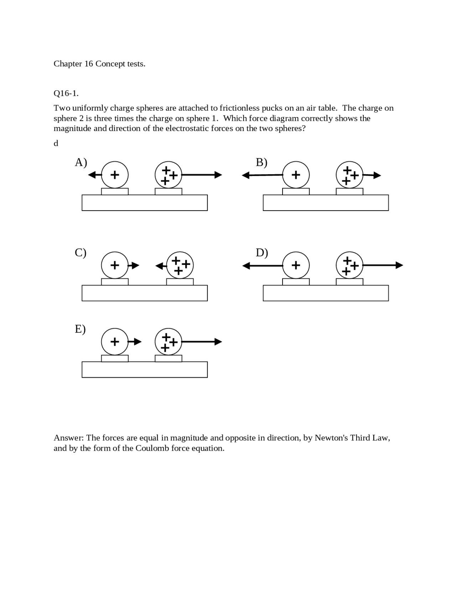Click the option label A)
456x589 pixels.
81,163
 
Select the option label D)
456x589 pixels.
262,253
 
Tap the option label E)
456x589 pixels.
80,329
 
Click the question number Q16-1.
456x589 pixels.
66,94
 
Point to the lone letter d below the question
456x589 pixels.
56,143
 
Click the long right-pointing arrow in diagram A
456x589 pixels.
202,175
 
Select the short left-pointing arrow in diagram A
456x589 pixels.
95,175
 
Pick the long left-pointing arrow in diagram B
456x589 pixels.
262,175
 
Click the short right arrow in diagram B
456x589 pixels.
372,175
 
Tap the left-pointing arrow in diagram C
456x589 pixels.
161,266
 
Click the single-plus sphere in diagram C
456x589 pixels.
115,265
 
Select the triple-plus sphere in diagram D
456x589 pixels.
349,265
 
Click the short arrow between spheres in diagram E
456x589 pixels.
135,342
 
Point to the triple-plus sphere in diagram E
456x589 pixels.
169,342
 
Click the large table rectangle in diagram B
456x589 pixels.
326,203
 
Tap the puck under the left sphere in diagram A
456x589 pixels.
115,192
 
